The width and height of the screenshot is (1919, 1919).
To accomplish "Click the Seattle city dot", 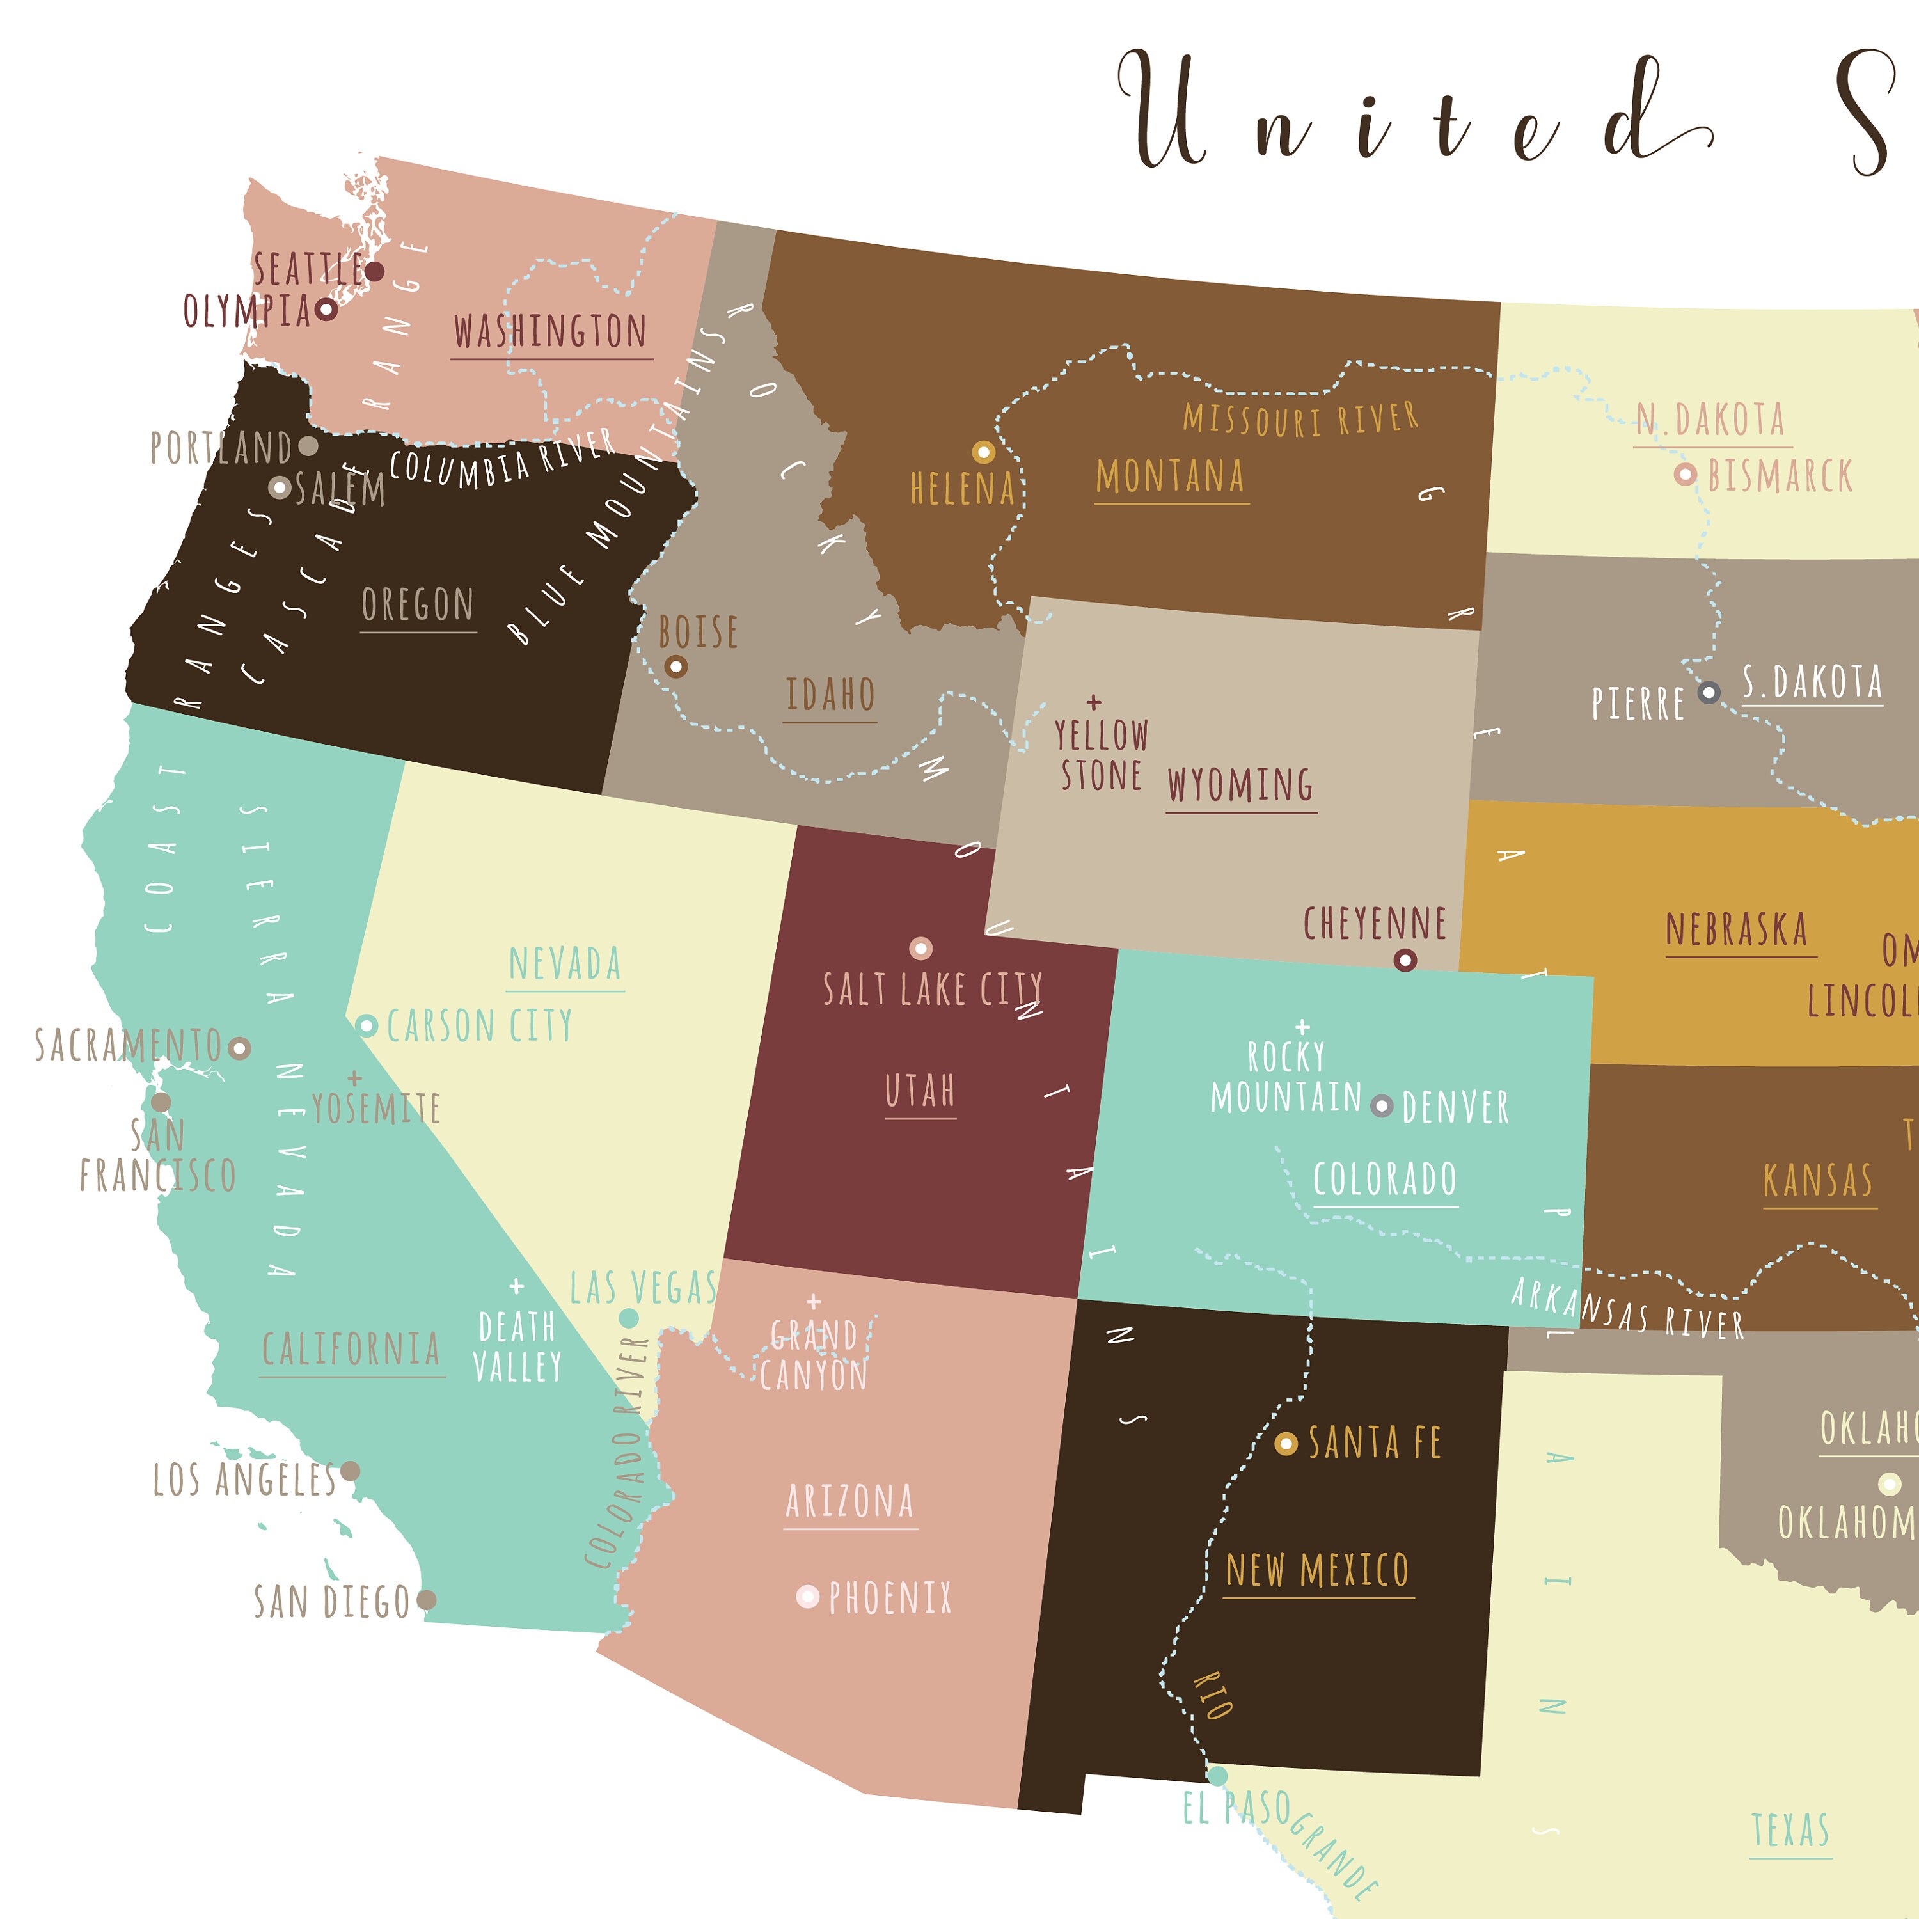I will pos(374,271).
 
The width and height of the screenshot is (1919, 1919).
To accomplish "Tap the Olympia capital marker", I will pos(326,310).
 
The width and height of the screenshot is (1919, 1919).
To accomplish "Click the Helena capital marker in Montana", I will pos(983,453).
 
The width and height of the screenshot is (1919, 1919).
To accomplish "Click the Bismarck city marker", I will pos(1685,475).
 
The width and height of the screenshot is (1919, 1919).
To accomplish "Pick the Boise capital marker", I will pos(675,667).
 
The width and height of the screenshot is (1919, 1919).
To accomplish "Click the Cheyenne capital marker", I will pos(1405,960).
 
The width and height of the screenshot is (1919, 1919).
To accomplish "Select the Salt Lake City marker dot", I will pos(920,949).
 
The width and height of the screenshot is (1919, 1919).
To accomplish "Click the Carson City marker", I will pos(367,1025).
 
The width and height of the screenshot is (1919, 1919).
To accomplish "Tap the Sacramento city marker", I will pos(239,1048).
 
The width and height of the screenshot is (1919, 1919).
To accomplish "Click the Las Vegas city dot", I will pos(629,1318).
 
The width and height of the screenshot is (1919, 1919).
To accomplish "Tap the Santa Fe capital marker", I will pos(1285,1443).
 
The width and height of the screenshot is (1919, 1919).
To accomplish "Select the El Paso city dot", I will pos(1217,1775).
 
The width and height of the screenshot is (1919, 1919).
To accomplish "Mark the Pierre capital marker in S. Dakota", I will pos(1709,692).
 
